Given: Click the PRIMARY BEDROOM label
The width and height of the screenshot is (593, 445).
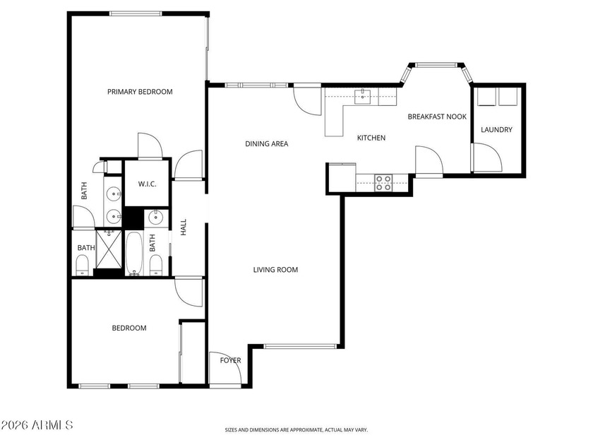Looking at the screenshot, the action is pyautogui.click(x=140, y=92).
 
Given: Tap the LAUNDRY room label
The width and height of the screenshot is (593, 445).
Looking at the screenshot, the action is pyautogui.click(x=496, y=129).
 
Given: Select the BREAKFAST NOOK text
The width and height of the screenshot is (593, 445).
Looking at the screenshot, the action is pyautogui.click(x=437, y=117).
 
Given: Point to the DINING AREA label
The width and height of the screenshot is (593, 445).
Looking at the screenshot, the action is pyautogui.click(x=267, y=143).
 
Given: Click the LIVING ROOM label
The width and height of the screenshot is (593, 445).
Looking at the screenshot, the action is pyautogui.click(x=275, y=269).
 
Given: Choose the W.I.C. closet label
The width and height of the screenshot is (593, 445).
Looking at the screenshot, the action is pyautogui.click(x=147, y=184).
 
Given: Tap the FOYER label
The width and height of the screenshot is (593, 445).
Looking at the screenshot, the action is pyautogui.click(x=230, y=360).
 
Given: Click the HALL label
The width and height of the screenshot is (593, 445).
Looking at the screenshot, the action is pyautogui.click(x=184, y=227).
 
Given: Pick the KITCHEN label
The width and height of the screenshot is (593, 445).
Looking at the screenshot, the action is pyautogui.click(x=371, y=138).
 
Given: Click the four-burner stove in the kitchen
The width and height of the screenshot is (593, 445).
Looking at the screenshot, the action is pyautogui.click(x=383, y=183).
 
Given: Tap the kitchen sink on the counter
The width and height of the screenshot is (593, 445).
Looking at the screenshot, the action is pyautogui.click(x=363, y=97).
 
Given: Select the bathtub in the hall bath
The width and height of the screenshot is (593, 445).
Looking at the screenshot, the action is pyautogui.click(x=134, y=253).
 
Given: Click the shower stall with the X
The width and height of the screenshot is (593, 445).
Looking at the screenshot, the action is pyautogui.click(x=109, y=249).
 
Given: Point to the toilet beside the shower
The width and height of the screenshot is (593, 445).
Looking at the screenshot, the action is pyautogui.click(x=82, y=266).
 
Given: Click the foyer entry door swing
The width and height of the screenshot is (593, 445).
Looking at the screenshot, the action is pyautogui.click(x=225, y=368).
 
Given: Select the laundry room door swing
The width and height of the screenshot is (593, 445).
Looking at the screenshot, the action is pyautogui.click(x=486, y=157).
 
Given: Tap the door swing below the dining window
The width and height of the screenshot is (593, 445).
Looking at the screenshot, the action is pyautogui.click(x=307, y=101).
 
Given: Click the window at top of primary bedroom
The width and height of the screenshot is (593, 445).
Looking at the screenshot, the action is pyautogui.click(x=136, y=13).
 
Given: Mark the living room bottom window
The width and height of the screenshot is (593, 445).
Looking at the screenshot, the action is pyautogui.click(x=299, y=346).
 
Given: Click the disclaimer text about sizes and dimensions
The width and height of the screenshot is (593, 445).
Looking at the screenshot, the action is pyautogui.click(x=296, y=430).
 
